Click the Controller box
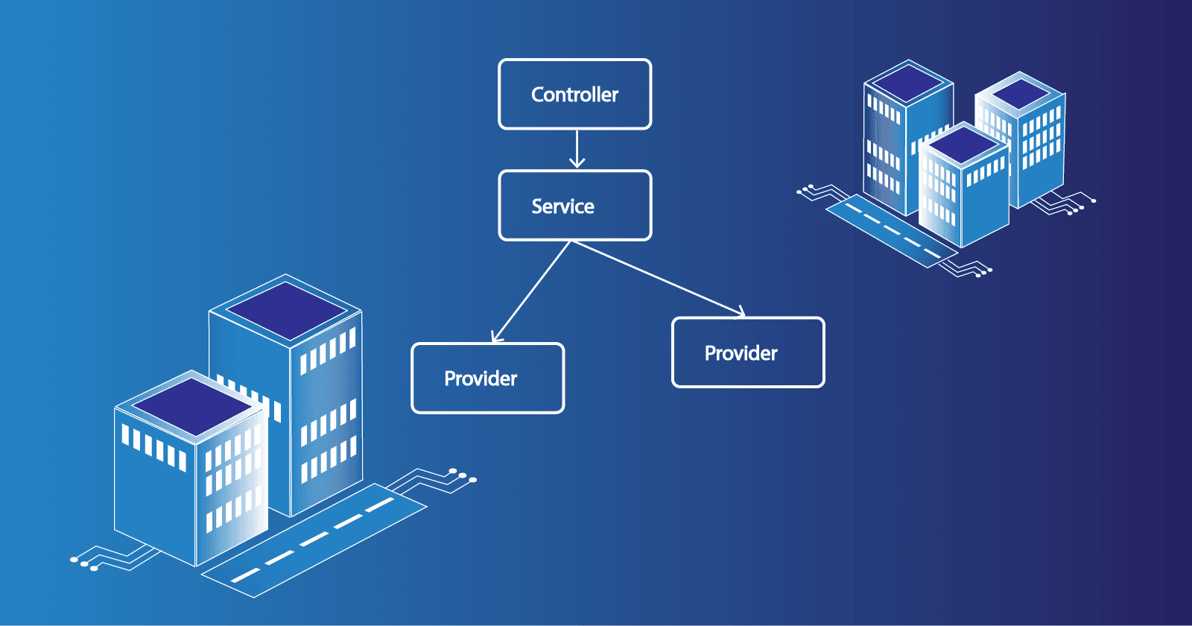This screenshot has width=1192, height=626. (574, 94)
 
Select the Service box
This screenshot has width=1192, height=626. (574, 206)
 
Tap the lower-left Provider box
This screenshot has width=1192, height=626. (487, 378)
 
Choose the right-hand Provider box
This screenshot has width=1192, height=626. (748, 352)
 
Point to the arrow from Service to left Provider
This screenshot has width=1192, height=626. (531, 291)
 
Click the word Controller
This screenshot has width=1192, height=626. (574, 95)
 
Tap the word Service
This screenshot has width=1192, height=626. (562, 206)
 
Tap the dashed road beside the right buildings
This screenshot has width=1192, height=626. (890, 230)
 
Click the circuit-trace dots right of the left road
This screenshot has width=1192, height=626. (462, 475)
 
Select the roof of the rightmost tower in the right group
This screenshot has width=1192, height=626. (1020, 93)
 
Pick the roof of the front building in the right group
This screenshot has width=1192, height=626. (963, 145)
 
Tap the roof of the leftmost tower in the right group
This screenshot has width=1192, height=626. (907, 82)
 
